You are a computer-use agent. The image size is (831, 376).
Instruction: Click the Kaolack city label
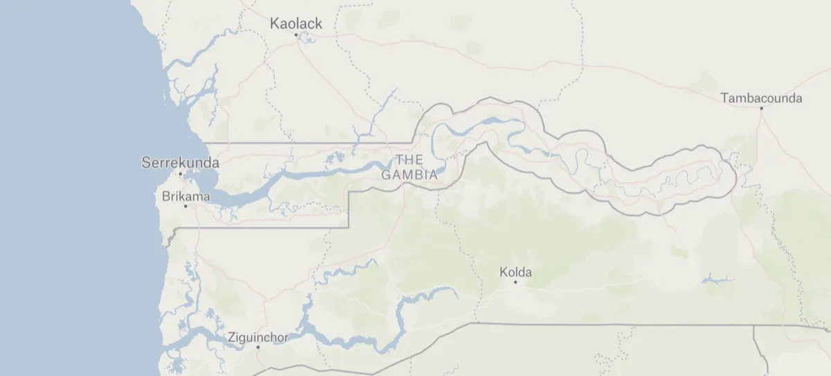point(296,24)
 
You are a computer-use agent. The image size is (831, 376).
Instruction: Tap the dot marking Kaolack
point(296,35)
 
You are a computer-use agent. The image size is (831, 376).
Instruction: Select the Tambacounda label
point(761,98)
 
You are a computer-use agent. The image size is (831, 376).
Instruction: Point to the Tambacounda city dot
point(760,109)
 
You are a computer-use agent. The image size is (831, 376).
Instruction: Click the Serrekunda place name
point(180,163)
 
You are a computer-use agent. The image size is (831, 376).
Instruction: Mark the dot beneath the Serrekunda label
point(180,173)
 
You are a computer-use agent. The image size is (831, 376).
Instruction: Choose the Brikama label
point(186,197)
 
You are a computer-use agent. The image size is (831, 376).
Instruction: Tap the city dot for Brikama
point(186,206)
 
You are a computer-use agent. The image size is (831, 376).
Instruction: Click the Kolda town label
point(515,272)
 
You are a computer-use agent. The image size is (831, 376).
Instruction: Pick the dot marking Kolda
point(515,282)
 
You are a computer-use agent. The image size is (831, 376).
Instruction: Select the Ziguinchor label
point(258,339)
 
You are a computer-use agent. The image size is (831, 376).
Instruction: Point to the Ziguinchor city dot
point(258,347)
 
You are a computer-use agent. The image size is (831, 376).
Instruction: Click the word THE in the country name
point(409,160)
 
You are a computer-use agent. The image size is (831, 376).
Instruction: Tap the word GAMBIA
point(409,174)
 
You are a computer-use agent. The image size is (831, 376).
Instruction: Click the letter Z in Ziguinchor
point(231,339)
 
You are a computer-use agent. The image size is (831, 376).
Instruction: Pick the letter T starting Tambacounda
point(724,98)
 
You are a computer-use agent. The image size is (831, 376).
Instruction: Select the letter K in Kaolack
point(274,24)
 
